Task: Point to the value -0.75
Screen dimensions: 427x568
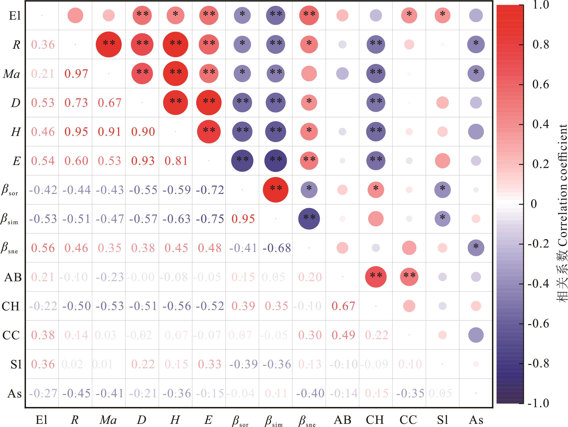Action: [x=210, y=219]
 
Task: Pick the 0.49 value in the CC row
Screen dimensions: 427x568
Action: [x=343, y=335]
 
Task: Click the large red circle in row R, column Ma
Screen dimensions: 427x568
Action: [x=109, y=44]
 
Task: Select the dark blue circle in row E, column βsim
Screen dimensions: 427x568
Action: [x=275, y=161]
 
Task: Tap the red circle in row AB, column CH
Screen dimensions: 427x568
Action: [x=376, y=277]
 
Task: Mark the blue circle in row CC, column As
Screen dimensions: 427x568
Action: [x=476, y=335]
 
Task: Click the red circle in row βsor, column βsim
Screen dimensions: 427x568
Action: [x=275, y=190]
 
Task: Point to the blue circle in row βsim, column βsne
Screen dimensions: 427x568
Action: [x=309, y=219]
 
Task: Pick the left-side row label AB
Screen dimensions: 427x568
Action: [x=13, y=277]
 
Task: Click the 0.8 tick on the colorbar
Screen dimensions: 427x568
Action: [x=541, y=45]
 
